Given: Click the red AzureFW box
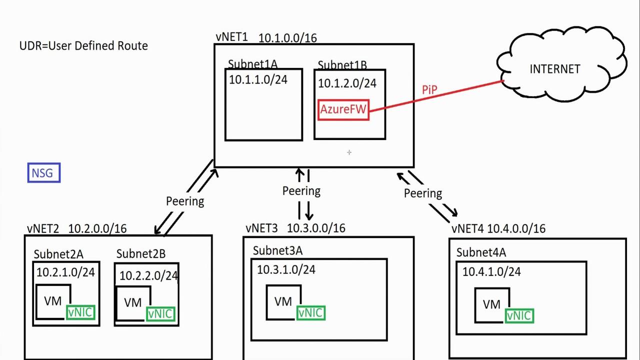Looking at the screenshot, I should tap(343, 109).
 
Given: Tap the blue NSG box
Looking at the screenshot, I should tap(44, 173).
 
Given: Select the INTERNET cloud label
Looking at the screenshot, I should tap(554, 69).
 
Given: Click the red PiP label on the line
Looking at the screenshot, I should tap(429, 90).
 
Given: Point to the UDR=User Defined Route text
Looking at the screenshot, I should tap(83, 46).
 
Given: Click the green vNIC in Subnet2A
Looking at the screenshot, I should tap(80, 313).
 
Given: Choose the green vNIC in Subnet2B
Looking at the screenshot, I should tap(160, 314).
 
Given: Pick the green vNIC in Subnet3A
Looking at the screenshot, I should tap(310, 313).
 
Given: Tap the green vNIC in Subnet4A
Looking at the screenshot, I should tap(519, 316).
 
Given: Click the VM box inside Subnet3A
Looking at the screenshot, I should tap(283, 301).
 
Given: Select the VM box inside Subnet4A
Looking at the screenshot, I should tap(491, 304).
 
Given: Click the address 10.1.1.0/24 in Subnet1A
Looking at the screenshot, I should tap(258, 79).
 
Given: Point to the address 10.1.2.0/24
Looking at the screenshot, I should tap(347, 83).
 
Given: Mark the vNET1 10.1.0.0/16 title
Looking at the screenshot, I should tap(266, 37).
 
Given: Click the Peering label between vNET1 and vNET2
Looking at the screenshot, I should tap(185, 201).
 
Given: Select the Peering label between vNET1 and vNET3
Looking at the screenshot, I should tap(301, 191).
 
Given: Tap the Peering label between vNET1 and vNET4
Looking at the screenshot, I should tap(423, 193).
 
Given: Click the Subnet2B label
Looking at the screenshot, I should tap(140, 254).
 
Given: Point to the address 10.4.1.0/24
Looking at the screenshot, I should tap(491, 271).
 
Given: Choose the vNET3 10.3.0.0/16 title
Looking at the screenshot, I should tap(295, 228).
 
